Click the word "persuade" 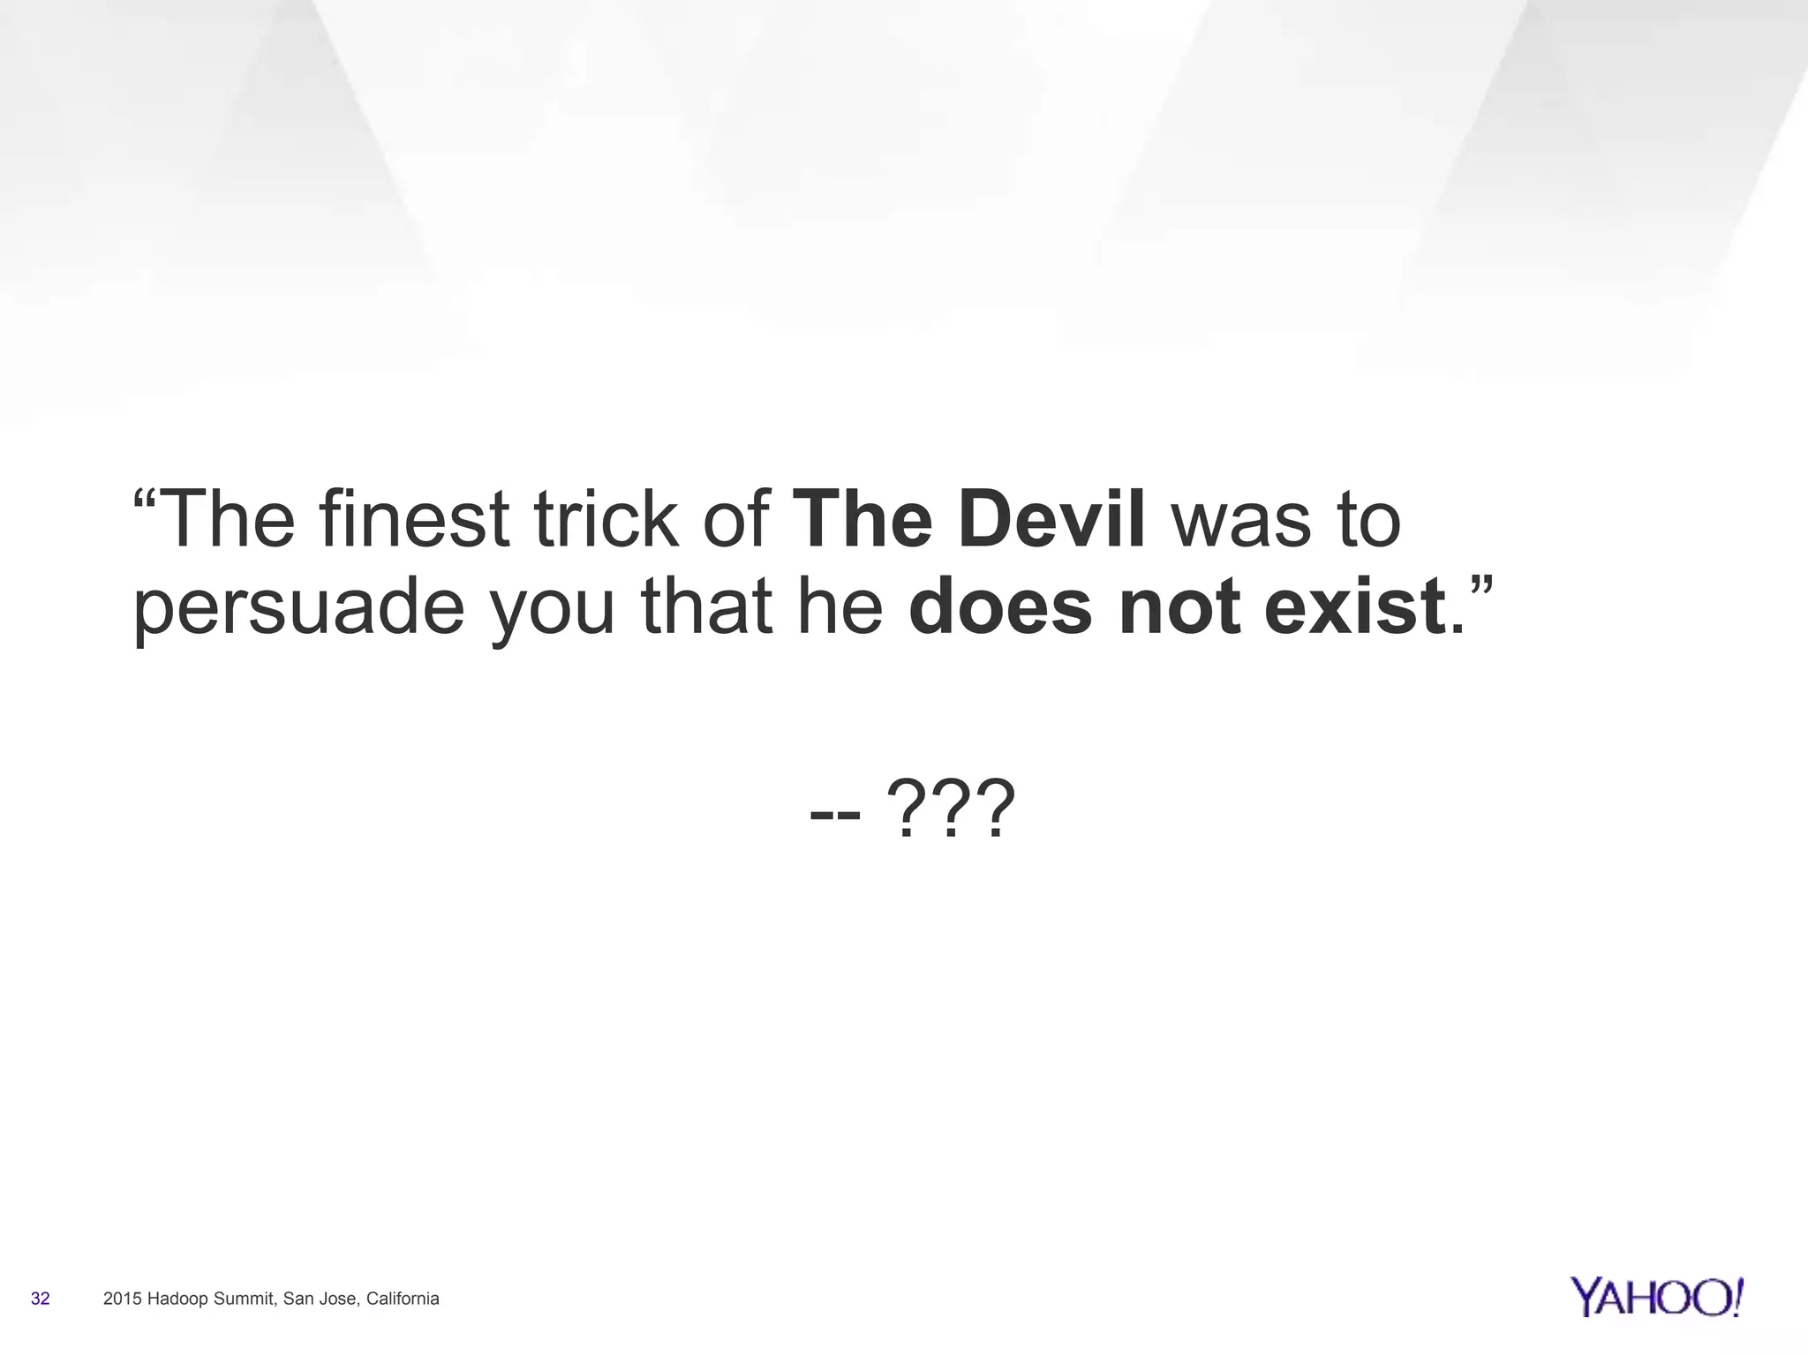(x=298, y=611)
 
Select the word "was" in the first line (x=1240, y=520)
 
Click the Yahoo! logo (x=1657, y=1297)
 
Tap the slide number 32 (x=41, y=1299)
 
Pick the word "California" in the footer (x=403, y=1299)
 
